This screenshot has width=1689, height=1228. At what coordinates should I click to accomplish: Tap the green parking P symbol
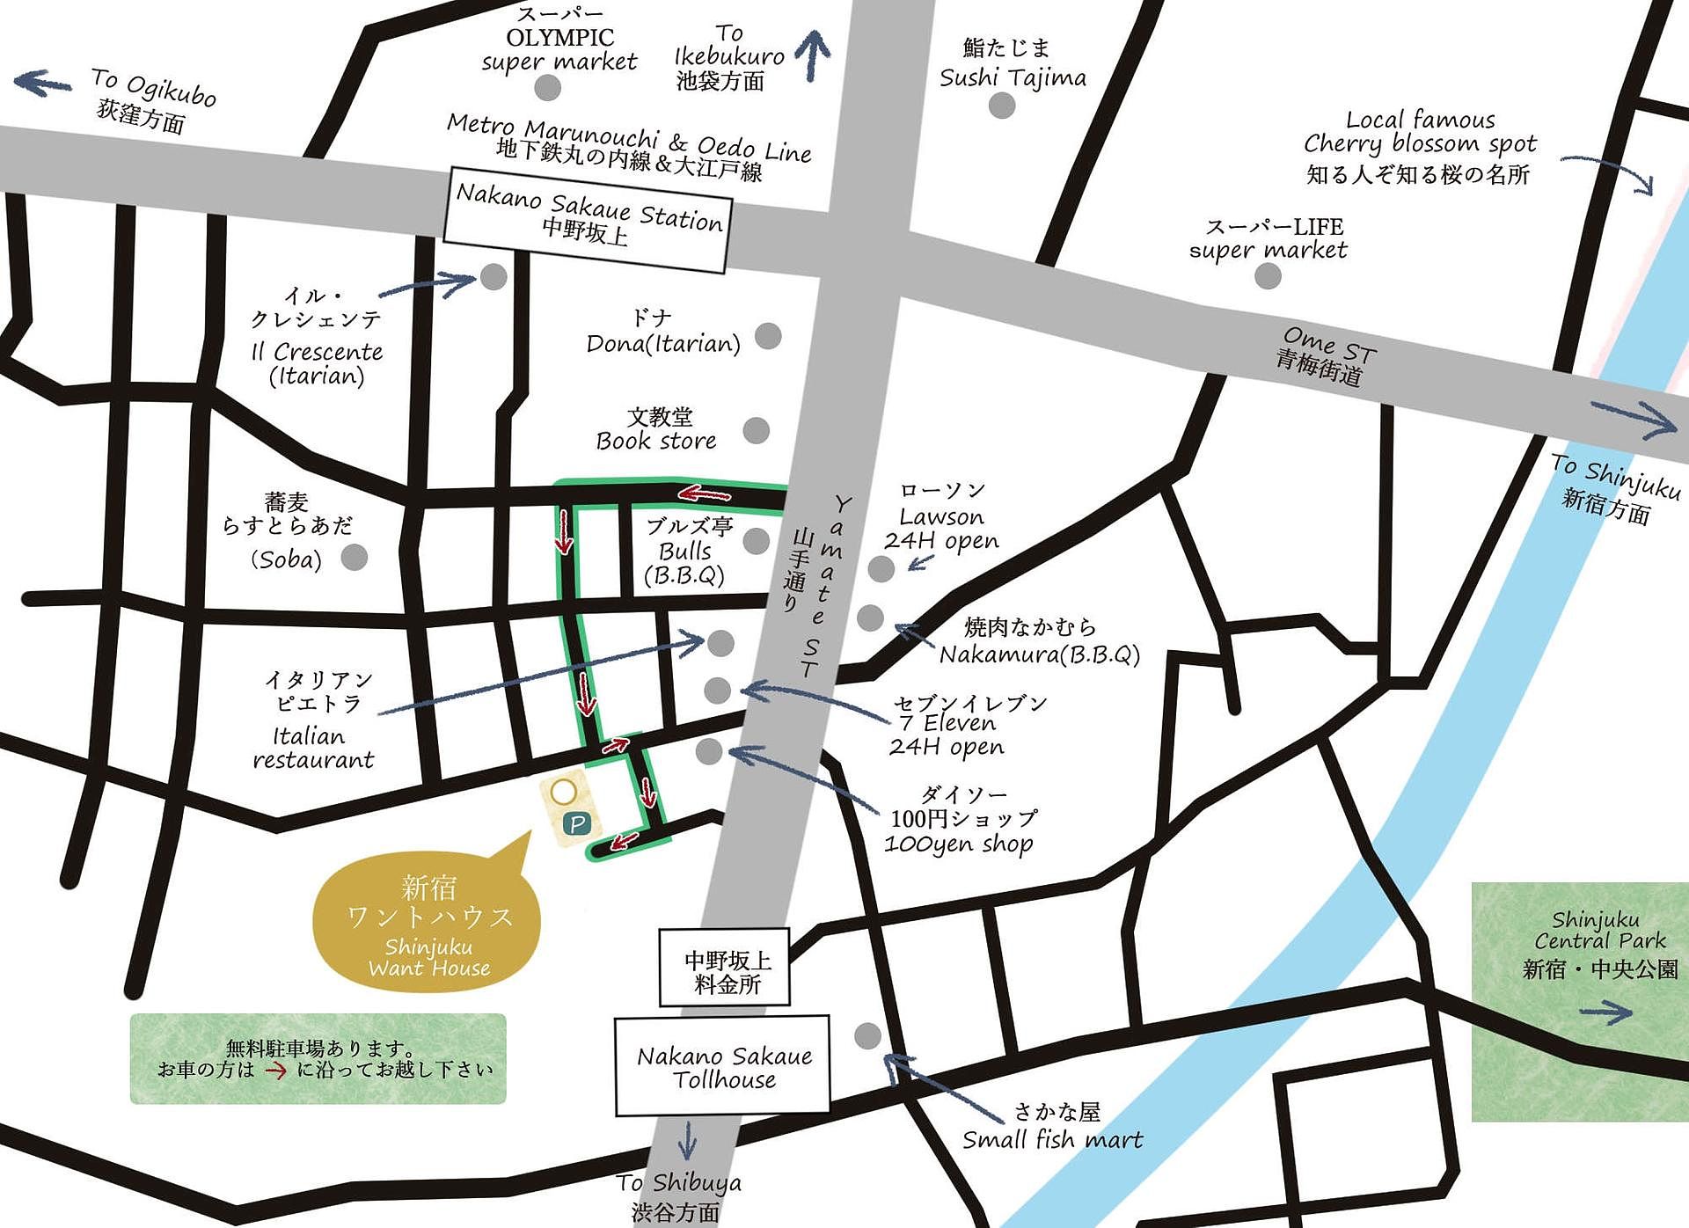click(576, 824)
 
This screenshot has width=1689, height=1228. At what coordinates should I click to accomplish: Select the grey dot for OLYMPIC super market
click(547, 87)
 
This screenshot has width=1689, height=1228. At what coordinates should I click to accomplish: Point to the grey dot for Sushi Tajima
click(1001, 106)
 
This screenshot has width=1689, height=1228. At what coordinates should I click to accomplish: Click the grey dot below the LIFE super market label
click(1267, 275)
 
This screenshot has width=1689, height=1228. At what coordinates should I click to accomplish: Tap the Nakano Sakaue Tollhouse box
click(722, 1066)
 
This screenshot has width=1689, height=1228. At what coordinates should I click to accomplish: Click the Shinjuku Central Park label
click(1599, 945)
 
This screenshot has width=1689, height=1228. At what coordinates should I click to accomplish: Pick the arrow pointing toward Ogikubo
click(42, 84)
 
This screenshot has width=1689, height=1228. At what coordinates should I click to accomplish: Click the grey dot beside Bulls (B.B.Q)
click(756, 541)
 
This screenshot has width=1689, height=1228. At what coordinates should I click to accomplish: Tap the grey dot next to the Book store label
click(756, 430)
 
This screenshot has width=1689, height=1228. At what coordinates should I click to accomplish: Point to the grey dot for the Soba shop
click(354, 557)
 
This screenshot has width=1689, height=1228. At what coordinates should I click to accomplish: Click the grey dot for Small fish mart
click(867, 1035)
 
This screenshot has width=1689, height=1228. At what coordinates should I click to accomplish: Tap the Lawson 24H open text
click(941, 516)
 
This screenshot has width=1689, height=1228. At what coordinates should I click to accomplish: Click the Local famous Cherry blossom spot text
click(1419, 145)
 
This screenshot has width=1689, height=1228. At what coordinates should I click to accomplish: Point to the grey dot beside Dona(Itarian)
click(768, 335)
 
